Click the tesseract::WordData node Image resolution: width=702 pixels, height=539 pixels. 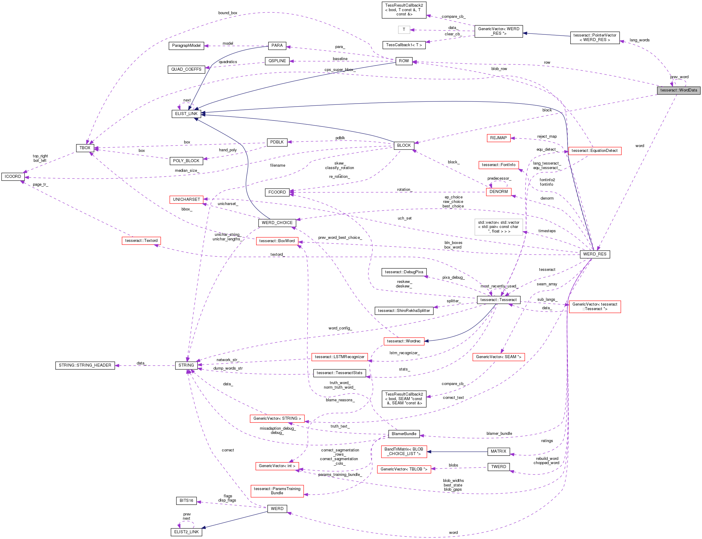[678, 90]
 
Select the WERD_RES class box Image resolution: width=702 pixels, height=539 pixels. [594, 254]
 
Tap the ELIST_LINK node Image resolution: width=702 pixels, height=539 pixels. [186, 114]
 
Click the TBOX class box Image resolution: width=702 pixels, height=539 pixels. [85, 148]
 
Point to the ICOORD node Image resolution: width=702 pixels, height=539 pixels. [13, 176]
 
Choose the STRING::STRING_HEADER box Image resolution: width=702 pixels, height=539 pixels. [85, 365]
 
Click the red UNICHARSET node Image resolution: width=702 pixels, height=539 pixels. [186, 200]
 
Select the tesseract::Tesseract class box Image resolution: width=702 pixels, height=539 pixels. [498, 300]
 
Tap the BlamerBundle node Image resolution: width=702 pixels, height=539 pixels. [404, 434]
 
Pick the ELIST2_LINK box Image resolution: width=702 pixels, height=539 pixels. [186, 532]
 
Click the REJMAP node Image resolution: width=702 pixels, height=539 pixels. [498, 138]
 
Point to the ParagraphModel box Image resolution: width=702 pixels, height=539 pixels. [186, 46]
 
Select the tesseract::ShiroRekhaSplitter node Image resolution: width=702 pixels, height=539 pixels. [404, 310]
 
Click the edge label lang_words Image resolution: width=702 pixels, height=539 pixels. [639, 40]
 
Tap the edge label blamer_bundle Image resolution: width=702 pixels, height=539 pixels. [499, 433]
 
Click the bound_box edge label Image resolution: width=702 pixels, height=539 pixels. [227, 13]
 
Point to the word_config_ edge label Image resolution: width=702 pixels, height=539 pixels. [340, 328]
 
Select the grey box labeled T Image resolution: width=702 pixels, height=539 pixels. [404, 30]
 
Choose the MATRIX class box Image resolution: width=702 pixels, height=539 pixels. [498, 451]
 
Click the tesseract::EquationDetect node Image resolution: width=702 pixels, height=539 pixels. [594, 151]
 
